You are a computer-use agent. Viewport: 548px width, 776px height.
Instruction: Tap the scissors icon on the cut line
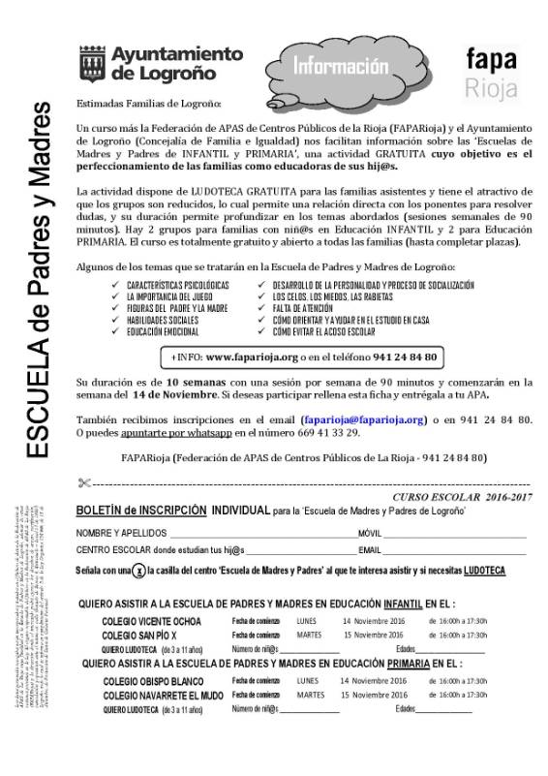click(x=84, y=481)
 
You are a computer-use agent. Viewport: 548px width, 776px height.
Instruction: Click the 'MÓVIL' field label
click(x=369, y=534)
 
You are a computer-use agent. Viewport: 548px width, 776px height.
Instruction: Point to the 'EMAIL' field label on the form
click(x=370, y=550)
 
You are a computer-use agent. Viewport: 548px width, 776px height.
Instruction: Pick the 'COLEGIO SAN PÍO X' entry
click(x=139, y=635)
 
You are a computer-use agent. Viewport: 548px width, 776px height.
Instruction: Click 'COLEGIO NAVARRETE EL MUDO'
click(x=161, y=696)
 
